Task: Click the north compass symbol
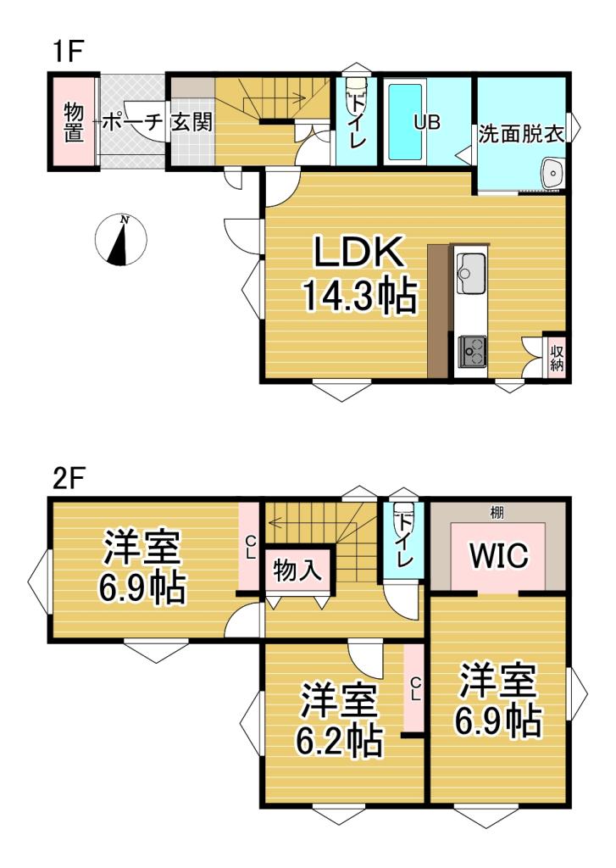(x=120, y=240)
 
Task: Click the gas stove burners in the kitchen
(x=472, y=350)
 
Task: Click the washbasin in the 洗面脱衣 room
(x=552, y=174)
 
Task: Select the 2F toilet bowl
(x=402, y=520)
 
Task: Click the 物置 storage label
(x=74, y=122)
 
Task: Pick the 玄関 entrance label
(x=192, y=122)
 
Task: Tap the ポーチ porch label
(x=133, y=122)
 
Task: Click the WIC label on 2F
(x=499, y=555)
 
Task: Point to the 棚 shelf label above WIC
(x=497, y=513)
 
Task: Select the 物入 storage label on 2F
(x=297, y=569)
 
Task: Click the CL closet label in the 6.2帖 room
(x=415, y=690)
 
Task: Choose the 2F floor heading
(x=68, y=479)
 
